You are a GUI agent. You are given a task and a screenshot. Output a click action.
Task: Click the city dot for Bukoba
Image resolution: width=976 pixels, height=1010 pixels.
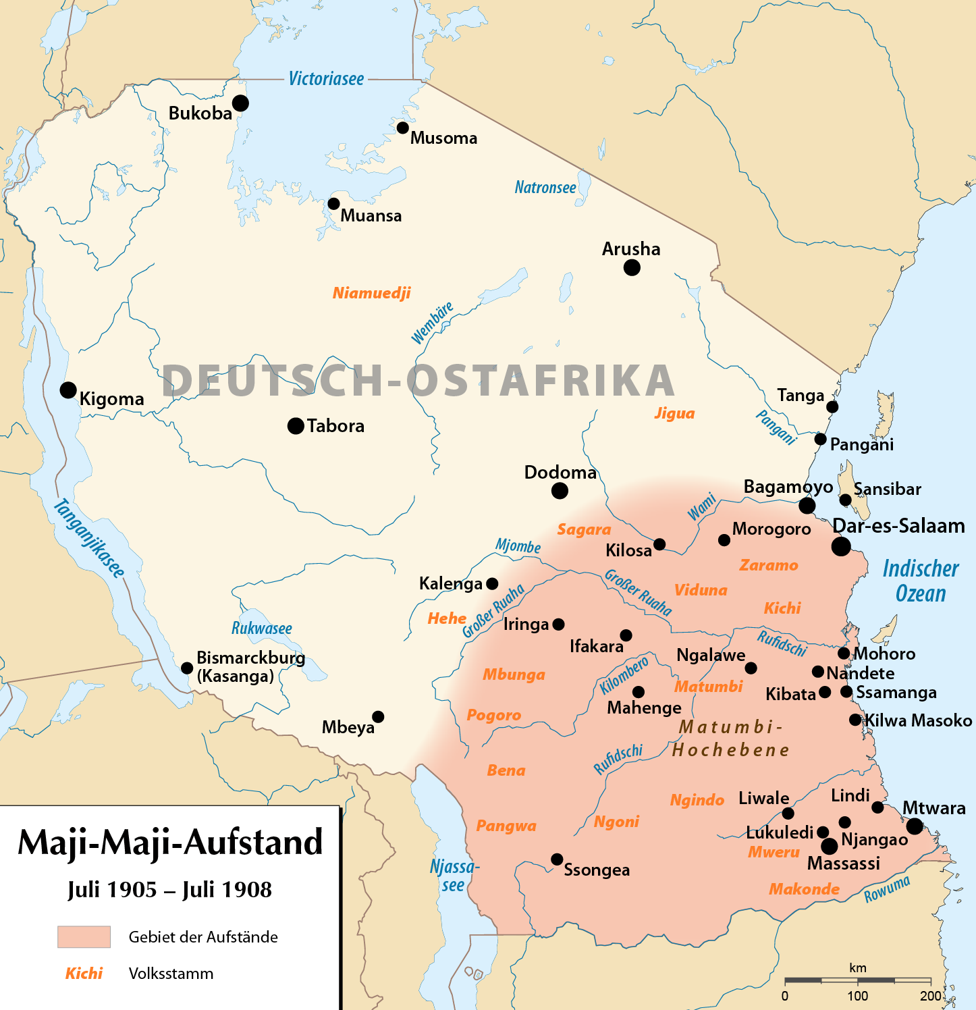(x=240, y=103)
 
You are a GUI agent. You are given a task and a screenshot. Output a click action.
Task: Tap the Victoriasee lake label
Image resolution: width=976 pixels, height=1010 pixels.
(x=326, y=79)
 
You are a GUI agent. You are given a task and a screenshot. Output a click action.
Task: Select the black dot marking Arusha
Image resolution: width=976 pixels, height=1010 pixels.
(x=632, y=267)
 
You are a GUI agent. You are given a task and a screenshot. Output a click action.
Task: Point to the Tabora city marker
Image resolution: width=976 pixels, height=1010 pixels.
(x=296, y=426)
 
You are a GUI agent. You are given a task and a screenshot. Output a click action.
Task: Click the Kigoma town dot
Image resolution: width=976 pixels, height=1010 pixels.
(x=68, y=390)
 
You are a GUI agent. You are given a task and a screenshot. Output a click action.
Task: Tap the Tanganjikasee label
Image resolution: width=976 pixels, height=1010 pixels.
(x=89, y=538)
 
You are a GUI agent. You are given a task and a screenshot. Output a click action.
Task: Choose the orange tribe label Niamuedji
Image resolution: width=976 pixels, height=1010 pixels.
(x=371, y=293)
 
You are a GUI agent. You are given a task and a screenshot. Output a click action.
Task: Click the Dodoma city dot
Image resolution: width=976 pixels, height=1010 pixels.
(x=560, y=491)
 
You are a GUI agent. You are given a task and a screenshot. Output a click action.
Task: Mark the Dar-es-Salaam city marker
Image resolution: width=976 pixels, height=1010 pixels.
(x=841, y=546)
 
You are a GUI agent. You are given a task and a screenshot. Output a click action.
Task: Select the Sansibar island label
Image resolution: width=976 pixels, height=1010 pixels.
(x=887, y=489)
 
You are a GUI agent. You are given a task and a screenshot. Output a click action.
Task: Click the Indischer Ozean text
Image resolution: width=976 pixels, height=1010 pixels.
(x=921, y=581)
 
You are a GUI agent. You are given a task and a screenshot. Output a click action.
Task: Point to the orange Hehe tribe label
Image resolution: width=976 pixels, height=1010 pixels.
(x=447, y=618)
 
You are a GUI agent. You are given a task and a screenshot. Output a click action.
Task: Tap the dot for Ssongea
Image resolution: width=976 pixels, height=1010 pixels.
(x=557, y=859)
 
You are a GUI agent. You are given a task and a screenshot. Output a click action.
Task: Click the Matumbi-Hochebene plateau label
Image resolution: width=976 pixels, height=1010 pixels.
(x=731, y=738)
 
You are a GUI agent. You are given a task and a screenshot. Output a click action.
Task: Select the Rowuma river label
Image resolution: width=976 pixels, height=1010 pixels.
(x=888, y=889)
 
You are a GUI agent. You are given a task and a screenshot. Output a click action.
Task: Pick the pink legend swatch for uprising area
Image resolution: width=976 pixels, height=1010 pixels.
(x=84, y=937)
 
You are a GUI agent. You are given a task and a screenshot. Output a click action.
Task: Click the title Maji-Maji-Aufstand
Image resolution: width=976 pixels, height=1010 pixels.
(x=170, y=843)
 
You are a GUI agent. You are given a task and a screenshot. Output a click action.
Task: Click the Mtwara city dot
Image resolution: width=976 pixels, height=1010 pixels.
(x=915, y=826)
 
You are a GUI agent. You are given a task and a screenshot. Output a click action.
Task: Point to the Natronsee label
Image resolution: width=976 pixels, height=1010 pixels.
(x=545, y=188)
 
